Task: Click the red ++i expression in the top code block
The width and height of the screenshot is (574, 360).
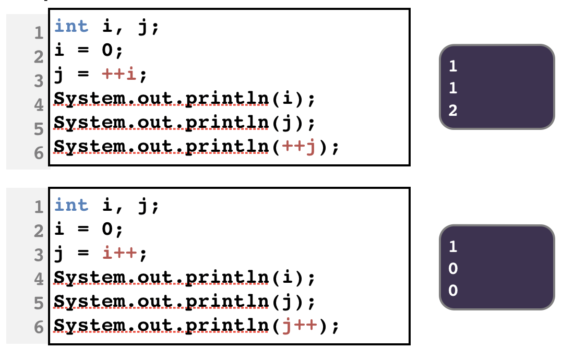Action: pos(121,75)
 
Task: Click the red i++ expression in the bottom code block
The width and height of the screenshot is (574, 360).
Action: pos(121,254)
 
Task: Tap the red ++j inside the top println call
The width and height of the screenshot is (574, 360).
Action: pos(299,148)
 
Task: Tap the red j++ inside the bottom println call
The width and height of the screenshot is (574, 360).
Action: pos(299,327)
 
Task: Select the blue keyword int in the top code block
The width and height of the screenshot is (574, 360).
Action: pos(71,26)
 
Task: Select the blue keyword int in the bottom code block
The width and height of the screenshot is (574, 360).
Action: pos(71,205)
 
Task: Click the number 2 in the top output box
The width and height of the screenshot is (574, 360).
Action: pos(452,111)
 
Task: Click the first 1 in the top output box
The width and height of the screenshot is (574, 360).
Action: pos(452,66)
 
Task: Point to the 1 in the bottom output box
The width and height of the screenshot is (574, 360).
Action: pos(452,246)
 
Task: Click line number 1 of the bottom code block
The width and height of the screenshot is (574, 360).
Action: pos(38,207)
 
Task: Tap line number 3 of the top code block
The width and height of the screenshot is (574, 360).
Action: pos(38,81)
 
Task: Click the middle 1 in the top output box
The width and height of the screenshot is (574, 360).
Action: pos(452,88)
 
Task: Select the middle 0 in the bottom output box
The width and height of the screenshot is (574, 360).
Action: pos(452,268)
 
